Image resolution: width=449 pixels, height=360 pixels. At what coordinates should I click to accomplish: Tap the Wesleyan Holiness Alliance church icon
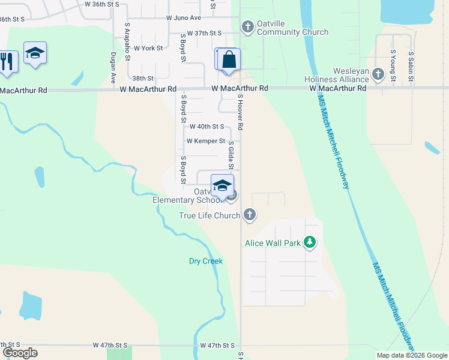pyautogui.click(x=378, y=74)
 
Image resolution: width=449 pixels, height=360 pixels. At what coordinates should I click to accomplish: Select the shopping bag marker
pyautogui.click(x=229, y=60)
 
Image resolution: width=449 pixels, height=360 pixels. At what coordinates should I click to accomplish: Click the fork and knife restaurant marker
pyautogui.click(x=7, y=61)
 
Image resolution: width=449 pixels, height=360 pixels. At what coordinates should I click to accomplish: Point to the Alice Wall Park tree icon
pyautogui.click(x=309, y=242)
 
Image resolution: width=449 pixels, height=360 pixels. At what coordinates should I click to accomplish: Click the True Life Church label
pyautogui.click(x=209, y=215)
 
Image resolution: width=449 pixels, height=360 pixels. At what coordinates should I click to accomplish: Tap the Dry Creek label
pyautogui.click(x=206, y=261)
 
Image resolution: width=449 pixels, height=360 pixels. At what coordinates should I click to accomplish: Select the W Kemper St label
pyautogui.click(x=205, y=141)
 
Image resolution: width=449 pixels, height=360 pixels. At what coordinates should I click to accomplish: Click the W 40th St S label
pyautogui.click(x=206, y=127)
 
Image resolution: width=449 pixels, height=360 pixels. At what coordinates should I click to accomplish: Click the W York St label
pyautogui.click(x=148, y=48)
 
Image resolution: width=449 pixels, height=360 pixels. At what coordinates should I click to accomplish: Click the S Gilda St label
pyautogui.click(x=231, y=155)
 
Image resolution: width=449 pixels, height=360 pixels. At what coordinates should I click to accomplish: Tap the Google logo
pyautogui.click(x=20, y=353)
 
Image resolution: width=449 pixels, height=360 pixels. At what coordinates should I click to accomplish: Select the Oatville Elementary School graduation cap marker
pyautogui.click(x=222, y=185)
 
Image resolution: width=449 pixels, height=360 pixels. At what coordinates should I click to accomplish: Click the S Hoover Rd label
pyautogui.click(x=240, y=112)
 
